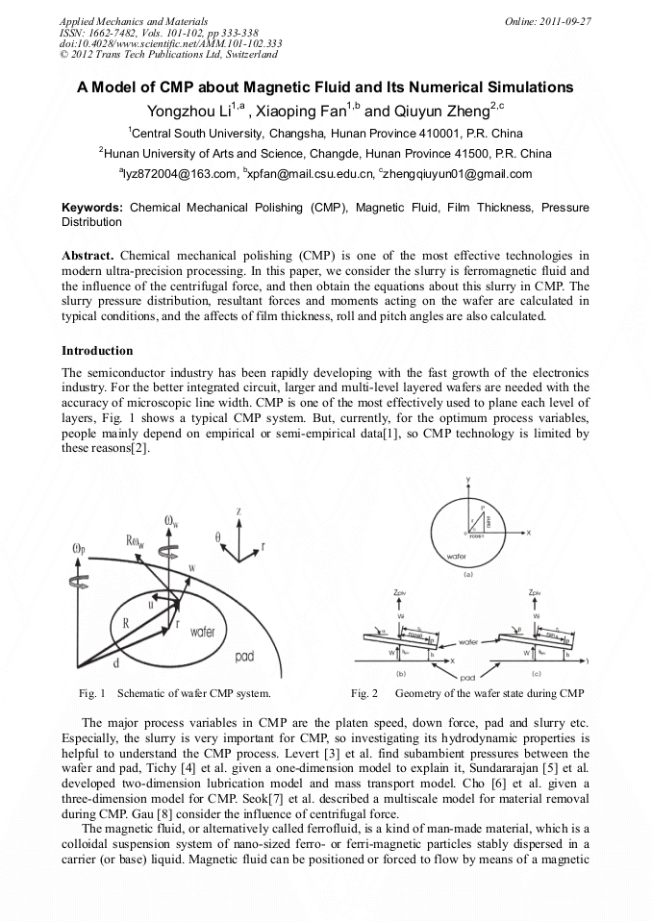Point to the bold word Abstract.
pos(88,256)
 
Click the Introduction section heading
pos(97,351)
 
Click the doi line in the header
pos(170,43)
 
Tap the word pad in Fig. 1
pos(245,658)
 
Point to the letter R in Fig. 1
pos(126,623)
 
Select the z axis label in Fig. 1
pos(238,513)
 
